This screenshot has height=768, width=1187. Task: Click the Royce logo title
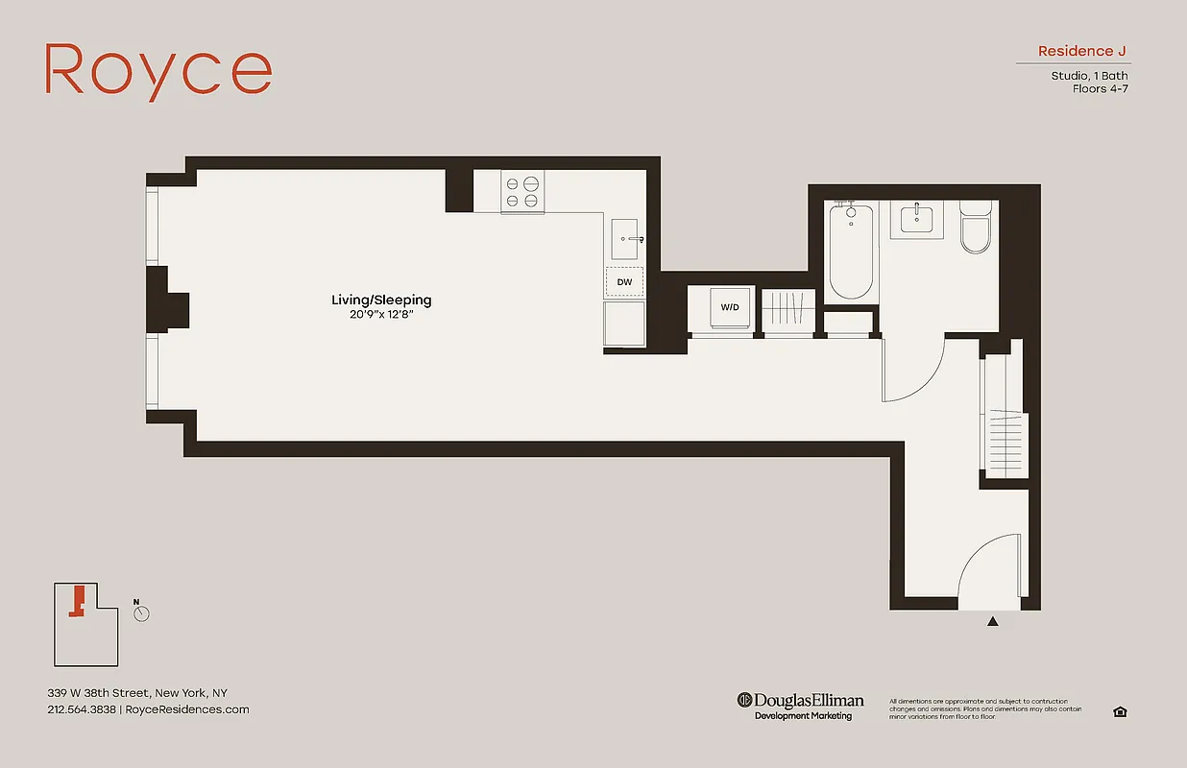(158, 71)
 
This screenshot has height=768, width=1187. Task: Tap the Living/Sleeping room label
(381, 300)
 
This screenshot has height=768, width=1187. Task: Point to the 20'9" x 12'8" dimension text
(381, 315)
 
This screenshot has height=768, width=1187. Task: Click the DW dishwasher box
(624, 282)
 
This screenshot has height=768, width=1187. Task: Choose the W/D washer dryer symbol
(730, 308)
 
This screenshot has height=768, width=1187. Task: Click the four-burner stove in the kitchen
(522, 190)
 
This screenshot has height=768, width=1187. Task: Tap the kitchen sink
(627, 238)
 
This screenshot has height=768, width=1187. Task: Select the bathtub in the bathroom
(851, 252)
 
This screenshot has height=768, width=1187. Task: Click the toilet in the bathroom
(976, 228)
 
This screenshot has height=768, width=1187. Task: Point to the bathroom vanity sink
(917, 219)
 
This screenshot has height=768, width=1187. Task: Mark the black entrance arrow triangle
(993, 622)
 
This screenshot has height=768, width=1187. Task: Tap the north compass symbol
(142, 613)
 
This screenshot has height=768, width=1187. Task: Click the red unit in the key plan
(78, 601)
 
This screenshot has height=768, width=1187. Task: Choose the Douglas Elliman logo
(801, 706)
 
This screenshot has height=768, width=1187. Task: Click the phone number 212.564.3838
(82, 710)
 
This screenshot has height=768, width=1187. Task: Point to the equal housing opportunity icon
(1120, 711)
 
